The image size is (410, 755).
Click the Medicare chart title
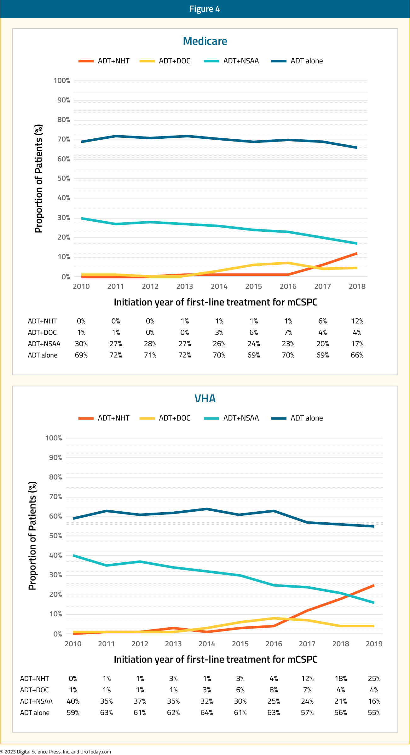[205, 41]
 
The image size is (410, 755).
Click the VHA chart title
[205, 398]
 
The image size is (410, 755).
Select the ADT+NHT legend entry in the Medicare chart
[104, 61]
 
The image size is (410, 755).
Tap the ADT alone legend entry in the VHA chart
[297, 418]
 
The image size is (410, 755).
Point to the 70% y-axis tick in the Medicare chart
[64, 139]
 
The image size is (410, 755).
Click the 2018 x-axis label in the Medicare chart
[357, 286]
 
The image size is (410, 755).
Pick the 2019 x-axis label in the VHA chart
[374, 644]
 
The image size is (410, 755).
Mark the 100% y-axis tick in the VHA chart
[54, 438]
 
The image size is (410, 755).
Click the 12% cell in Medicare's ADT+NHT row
[357, 321]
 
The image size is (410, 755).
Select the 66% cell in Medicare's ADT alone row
[357, 355]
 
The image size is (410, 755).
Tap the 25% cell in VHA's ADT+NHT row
[374, 678]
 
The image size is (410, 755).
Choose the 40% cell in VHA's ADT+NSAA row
[73, 701]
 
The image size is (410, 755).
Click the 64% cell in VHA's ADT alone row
[207, 712]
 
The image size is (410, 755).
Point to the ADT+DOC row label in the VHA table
[34, 690]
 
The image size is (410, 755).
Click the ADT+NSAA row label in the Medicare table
[44, 344]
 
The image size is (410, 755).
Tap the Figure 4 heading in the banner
[205, 9]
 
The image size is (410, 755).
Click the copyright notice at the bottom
[56, 752]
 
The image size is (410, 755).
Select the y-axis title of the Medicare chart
[38, 178]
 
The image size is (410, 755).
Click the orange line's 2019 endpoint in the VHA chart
[374, 585]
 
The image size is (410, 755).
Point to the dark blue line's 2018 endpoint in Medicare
[357, 148]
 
